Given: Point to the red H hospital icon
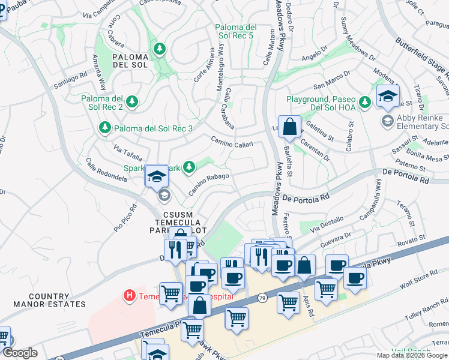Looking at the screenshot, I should [128, 295].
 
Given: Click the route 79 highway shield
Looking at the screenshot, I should [262, 298].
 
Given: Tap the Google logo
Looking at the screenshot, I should [19, 353].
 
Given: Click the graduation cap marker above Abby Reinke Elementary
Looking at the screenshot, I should [388, 97].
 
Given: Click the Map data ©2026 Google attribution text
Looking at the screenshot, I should [412, 355].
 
